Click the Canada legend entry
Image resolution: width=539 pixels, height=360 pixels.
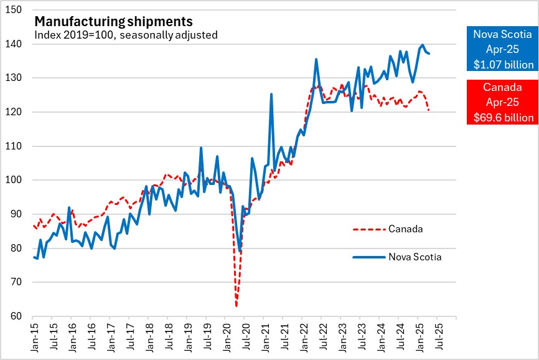coord(406,229)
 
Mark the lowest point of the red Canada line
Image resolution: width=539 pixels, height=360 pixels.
coord(237,306)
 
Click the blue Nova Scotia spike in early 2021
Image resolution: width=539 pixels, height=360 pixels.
coord(271,94)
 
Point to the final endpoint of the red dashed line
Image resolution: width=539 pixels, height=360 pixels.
coord(429,110)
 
